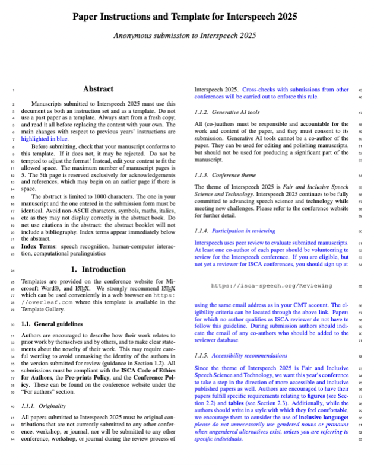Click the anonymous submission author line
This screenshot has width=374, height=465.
(187, 35)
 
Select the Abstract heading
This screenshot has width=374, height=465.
(98, 89)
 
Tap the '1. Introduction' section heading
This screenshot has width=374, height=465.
(98, 269)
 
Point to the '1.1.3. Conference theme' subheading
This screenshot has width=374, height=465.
(226, 176)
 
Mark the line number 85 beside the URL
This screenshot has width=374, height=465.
(360, 286)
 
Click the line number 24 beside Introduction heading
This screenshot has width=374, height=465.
(12, 270)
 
